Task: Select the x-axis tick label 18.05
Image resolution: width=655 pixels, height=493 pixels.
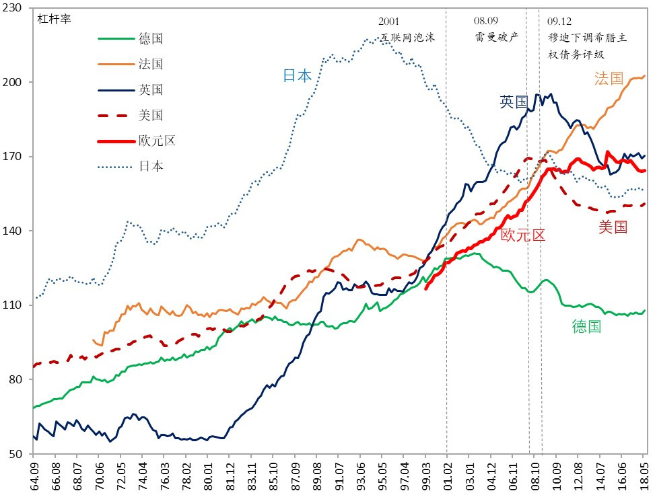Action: [x=643, y=473]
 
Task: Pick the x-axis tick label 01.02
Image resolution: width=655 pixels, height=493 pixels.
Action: [x=447, y=473]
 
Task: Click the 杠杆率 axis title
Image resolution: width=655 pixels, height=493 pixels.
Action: [x=55, y=18]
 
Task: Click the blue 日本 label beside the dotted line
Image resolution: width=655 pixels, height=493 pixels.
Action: [x=297, y=75]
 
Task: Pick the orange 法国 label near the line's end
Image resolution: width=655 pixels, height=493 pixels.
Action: [x=609, y=79]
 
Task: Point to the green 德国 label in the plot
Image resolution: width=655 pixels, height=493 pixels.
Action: [x=586, y=327]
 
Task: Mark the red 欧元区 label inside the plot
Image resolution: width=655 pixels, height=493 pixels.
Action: [x=522, y=235]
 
